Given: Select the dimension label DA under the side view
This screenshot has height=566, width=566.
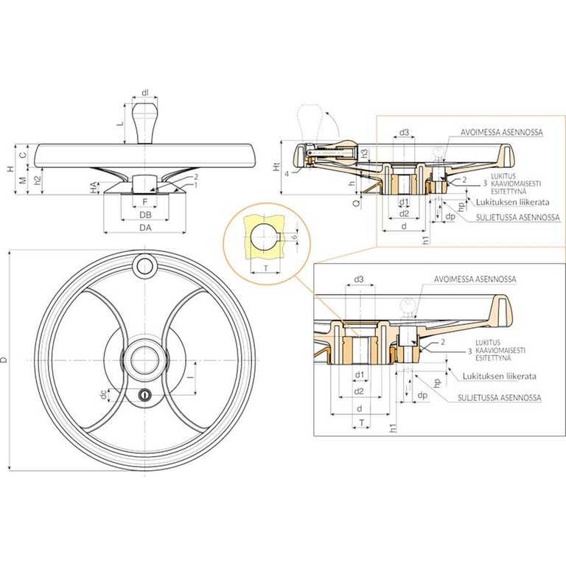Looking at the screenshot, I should pos(146,228).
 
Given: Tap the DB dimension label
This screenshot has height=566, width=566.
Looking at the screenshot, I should pos(146,214).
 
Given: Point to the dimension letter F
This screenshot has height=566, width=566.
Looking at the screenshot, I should pos(145,200).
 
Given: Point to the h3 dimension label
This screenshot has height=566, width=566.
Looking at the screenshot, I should pos(365,153).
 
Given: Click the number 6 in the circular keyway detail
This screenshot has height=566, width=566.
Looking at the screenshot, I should pos(296,237).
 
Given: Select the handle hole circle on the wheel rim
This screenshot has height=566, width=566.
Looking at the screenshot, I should pos(145,265).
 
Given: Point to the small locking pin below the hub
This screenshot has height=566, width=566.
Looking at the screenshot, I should pos(145,395).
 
